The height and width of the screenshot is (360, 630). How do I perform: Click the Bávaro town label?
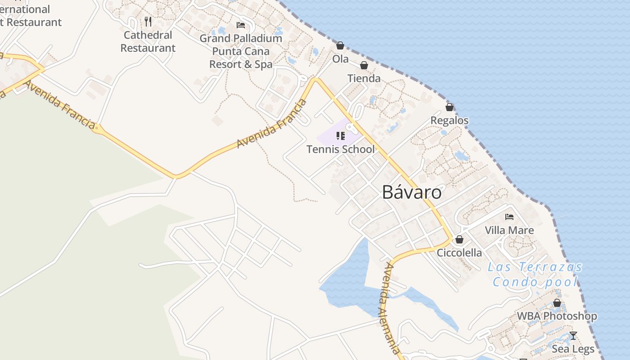point(412,192)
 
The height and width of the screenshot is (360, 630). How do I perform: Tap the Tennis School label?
point(341,149)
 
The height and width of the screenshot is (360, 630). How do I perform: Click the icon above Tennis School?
point(341,135)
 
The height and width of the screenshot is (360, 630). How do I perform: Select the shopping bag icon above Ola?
point(340,45)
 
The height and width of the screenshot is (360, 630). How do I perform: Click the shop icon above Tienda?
point(364,65)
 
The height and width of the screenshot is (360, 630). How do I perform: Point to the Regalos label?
point(450,120)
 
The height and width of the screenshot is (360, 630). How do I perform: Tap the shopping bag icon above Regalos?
point(450,107)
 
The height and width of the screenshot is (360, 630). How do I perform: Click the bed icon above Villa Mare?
point(509,217)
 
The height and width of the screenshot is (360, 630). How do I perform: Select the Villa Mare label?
point(509,230)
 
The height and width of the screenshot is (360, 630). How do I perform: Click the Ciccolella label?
point(459,252)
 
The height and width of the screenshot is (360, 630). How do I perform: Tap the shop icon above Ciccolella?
point(459,239)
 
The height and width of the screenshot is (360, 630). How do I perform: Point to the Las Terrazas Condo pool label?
point(535,274)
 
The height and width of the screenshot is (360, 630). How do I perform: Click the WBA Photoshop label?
point(557,316)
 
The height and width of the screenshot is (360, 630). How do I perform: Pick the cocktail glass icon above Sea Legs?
point(573,335)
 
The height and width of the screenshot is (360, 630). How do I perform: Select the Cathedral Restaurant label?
point(148,41)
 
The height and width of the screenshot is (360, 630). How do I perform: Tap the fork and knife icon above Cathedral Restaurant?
point(148,21)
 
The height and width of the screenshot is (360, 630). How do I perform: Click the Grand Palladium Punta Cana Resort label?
point(241,51)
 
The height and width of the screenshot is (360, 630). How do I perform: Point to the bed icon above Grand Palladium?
point(241,25)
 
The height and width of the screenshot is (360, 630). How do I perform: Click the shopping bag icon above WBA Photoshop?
point(557,303)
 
